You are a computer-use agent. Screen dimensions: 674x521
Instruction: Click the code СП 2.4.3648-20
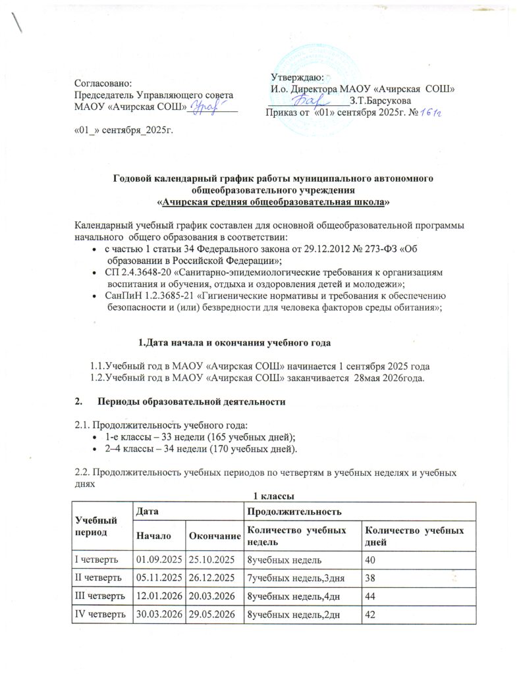[x=137, y=272]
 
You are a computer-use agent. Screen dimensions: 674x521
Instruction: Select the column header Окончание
[x=214, y=535]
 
